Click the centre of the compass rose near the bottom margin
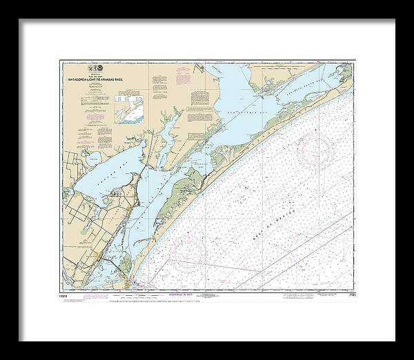click(187, 252)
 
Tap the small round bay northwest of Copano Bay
click(89, 159)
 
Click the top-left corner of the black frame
click(19, 20)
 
